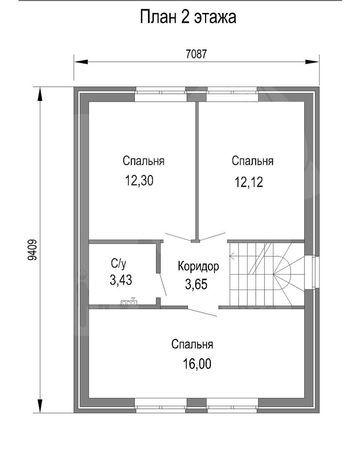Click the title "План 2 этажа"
(x=188, y=17)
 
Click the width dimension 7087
(x=196, y=54)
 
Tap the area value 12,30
(x=139, y=180)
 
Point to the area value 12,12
(x=249, y=182)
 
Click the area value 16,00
(x=197, y=364)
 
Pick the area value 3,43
(x=121, y=280)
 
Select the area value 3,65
(x=196, y=284)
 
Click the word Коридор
(x=198, y=266)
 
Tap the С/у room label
(x=118, y=263)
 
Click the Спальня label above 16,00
(x=192, y=344)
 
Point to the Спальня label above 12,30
(x=143, y=161)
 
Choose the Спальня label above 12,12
(x=252, y=161)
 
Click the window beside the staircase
(x=312, y=272)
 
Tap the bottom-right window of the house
(x=232, y=405)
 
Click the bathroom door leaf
(x=162, y=285)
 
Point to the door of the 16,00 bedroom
(x=202, y=312)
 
